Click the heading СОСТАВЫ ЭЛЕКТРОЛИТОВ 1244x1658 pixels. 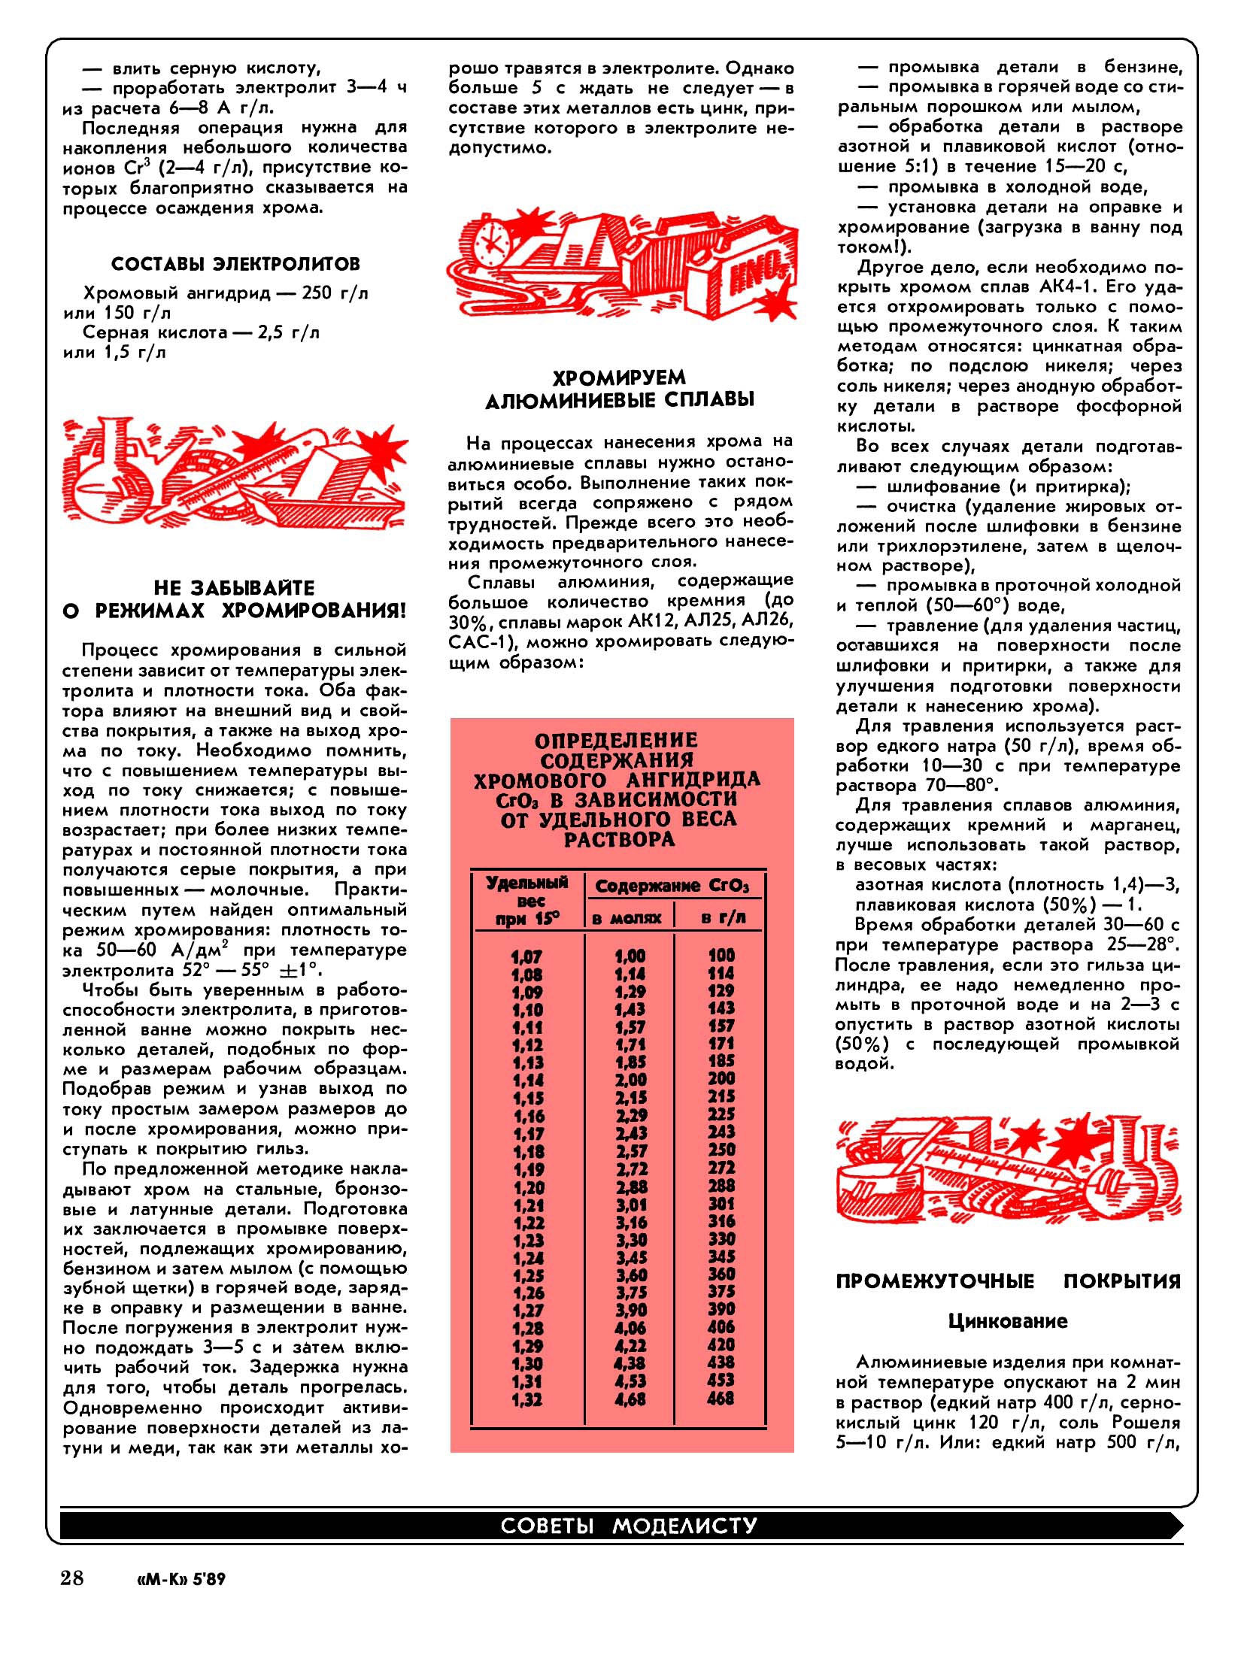coord(235,264)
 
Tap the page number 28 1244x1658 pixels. coord(73,1576)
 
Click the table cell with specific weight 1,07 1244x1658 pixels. coord(527,956)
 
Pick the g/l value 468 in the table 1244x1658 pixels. coord(721,1399)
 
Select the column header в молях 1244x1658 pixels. coord(627,917)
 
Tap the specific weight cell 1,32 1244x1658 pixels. coord(527,1399)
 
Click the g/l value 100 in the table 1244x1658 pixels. coord(721,955)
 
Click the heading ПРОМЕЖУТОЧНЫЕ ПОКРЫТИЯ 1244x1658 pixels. coord(1008,1281)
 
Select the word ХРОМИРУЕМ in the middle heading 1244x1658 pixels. coord(620,377)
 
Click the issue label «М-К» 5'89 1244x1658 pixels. coord(178,1578)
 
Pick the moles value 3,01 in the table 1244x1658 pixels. coord(630,1205)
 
